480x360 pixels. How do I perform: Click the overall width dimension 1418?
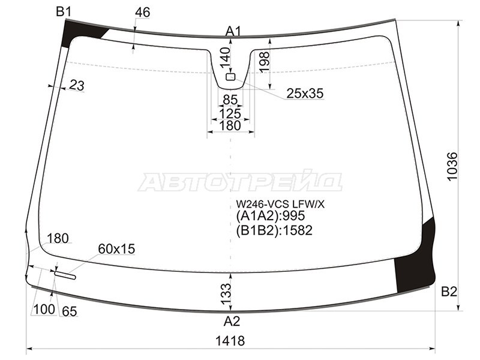230,340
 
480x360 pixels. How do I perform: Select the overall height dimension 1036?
452,166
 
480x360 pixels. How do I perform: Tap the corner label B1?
64,11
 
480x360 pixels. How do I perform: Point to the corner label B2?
449,292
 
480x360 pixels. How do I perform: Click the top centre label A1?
233,31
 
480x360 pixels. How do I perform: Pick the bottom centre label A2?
232,322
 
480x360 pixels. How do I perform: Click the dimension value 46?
142,12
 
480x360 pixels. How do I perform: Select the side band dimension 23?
77,85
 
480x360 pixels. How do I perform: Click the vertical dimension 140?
225,58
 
